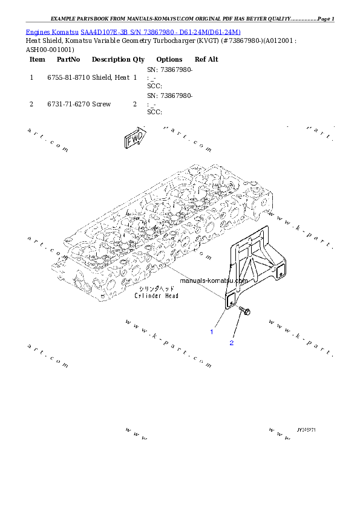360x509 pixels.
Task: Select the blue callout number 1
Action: point(212,331)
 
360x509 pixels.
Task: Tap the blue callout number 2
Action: point(231,343)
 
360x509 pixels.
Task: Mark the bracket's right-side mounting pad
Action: point(279,274)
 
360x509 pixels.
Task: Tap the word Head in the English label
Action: point(171,296)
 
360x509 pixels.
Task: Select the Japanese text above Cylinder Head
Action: point(157,290)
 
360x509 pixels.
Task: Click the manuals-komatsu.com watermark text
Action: point(214,280)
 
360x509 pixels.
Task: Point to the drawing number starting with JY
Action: point(307,430)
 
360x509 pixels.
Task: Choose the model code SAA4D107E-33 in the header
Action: point(103,31)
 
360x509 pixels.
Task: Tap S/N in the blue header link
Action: point(133,31)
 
